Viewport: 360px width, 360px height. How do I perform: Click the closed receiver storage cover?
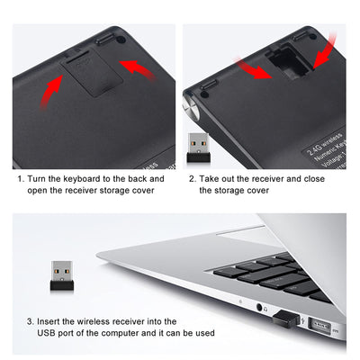[x=92, y=75]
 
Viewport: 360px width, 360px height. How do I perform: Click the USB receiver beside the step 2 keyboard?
[x=198, y=148]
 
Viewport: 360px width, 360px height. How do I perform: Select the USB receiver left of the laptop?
[x=62, y=275]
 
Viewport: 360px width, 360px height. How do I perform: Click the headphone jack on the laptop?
[x=259, y=307]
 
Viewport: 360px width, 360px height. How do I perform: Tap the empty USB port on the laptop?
[x=319, y=326]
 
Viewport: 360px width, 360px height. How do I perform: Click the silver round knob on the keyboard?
[x=191, y=107]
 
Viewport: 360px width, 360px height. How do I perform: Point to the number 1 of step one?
[x=20, y=179]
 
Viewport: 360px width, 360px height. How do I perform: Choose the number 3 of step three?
[x=30, y=322]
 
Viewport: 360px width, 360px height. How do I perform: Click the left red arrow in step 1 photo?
[x=51, y=93]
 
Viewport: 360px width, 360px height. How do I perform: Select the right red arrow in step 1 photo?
[x=138, y=69]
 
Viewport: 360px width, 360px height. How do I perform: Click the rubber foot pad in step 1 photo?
[x=106, y=39]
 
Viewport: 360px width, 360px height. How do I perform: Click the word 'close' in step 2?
[x=314, y=179]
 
